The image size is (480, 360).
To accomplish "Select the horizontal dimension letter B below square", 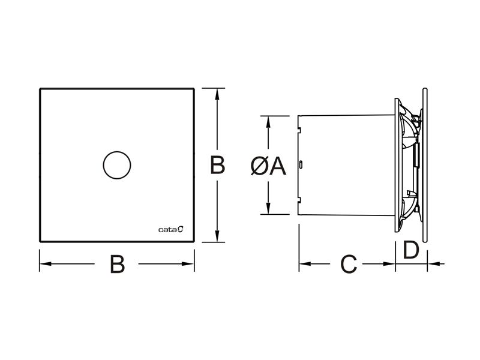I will pos(118,264).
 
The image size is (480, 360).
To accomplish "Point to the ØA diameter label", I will pos(268,166).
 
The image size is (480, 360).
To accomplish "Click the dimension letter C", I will pos(348,264).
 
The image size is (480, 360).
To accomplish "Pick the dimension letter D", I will pos(411,250).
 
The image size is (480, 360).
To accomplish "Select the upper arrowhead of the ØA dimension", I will pos(268,119).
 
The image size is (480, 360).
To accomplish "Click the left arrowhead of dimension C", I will pos(304,263).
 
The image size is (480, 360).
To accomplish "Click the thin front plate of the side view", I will pos(425,165).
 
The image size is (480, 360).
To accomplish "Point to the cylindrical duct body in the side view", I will pos(345,165).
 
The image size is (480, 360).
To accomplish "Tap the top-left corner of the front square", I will pos(41,90).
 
